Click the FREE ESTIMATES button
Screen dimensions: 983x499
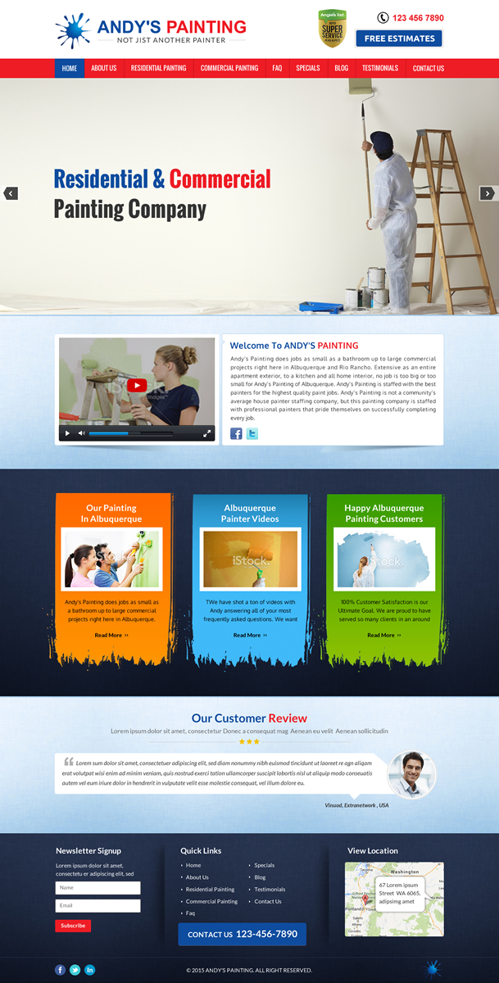(399, 39)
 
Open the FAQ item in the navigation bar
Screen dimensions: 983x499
(277, 68)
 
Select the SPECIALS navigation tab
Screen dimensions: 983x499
(308, 68)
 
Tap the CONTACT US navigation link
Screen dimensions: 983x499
(428, 68)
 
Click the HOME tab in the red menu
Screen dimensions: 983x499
(70, 68)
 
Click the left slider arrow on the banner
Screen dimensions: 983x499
(11, 193)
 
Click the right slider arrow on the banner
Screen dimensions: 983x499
(487, 193)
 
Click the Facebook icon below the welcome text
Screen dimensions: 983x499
(236, 433)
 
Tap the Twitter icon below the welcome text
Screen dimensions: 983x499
(252, 433)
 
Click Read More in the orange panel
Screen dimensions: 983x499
(111, 635)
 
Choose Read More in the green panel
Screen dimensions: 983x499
(384, 635)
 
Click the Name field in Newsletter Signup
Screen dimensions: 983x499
(98, 887)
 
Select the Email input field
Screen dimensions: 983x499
(98, 905)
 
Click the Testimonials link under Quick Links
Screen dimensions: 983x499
(270, 889)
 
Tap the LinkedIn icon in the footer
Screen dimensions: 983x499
(89, 970)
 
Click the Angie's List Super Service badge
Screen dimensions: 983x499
(332, 29)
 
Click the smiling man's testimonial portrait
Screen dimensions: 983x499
(411, 773)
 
